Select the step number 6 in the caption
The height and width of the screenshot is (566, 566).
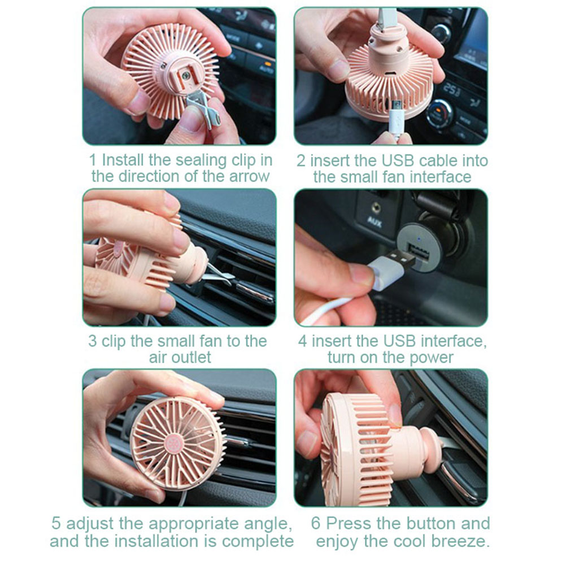[x=316, y=524]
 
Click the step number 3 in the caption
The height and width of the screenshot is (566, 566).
[x=93, y=341]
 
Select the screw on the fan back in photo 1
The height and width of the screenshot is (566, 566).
[x=185, y=76]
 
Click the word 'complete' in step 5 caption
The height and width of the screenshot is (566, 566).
[x=258, y=541]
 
